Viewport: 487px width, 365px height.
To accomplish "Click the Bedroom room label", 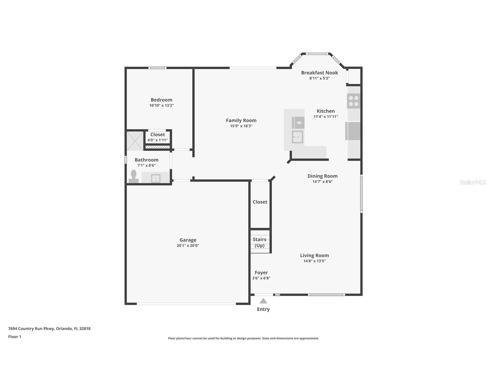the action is (x=162, y=100).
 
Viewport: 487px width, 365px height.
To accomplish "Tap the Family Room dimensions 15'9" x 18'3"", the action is (x=241, y=126).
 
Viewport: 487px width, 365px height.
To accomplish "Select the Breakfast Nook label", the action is (x=319, y=73).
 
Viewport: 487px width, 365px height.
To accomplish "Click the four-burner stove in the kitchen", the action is (x=354, y=101).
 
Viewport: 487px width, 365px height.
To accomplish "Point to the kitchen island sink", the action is (x=298, y=137).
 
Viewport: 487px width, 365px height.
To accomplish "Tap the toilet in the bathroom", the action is (x=133, y=176).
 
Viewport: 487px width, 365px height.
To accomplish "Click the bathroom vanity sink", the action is (x=156, y=178).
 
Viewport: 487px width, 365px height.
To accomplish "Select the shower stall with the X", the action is (x=135, y=141).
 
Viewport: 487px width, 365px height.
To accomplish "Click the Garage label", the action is (x=188, y=240).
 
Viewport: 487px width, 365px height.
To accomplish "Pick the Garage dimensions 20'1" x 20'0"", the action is (x=188, y=246).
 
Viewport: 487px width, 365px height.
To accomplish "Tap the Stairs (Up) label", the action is (x=259, y=242).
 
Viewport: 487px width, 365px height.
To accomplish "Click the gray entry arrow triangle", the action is (x=263, y=301).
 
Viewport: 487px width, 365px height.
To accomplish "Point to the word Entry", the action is (x=263, y=309).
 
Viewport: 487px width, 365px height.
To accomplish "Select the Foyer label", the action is (x=261, y=273).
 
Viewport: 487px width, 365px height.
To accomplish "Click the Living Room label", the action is (x=315, y=255).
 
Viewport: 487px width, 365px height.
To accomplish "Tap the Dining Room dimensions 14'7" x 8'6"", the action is (x=323, y=182).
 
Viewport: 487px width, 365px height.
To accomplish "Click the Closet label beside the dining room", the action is (x=260, y=202).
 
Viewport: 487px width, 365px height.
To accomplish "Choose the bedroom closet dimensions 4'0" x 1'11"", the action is (x=158, y=140).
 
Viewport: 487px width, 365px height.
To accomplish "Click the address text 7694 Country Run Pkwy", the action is (x=31, y=329).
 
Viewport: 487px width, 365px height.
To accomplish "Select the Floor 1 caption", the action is (x=15, y=337).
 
